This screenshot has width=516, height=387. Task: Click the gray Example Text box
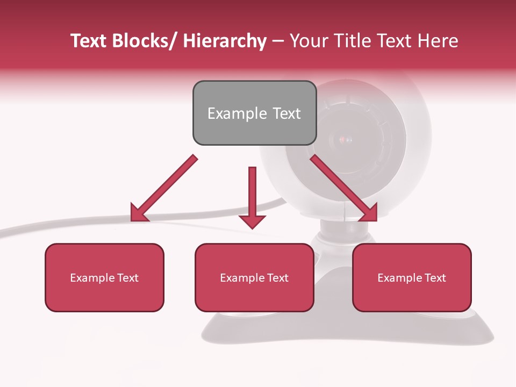[x=254, y=113]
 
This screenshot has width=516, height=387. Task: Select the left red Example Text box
[x=104, y=277]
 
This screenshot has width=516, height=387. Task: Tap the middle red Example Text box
[x=254, y=277]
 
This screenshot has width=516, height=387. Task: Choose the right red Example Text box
[x=412, y=277]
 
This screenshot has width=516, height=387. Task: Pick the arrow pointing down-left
[x=164, y=188]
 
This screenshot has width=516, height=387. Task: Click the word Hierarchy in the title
[x=225, y=41]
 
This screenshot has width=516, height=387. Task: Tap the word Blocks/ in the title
[x=145, y=41]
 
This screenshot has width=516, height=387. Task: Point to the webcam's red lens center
[x=344, y=141]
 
